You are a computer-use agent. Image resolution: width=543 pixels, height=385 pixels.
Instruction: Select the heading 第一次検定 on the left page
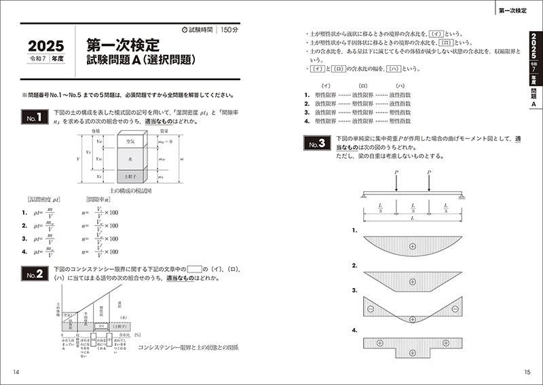pos(123,45)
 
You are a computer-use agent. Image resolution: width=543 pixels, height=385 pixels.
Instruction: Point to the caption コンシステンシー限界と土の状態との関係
pos(187,348)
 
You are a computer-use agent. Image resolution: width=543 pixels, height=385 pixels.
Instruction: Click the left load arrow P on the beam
pos(395,180)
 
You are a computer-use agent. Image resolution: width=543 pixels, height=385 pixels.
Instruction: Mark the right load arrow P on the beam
pos(429,180)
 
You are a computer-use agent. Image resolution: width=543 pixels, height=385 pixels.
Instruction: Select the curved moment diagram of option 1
pos(413,245)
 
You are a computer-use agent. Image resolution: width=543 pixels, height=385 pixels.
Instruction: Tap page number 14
pos(16,371)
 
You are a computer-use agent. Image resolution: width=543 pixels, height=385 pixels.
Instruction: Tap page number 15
pos(527,371)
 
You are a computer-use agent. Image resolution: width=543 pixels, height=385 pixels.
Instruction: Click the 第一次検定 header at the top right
pos(516,11)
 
